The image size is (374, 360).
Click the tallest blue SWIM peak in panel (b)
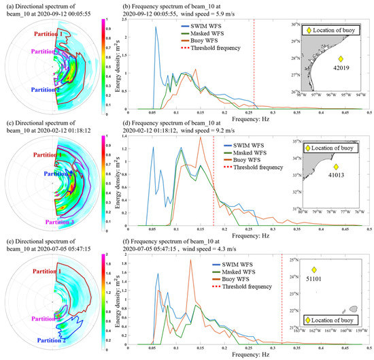(156, 28)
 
